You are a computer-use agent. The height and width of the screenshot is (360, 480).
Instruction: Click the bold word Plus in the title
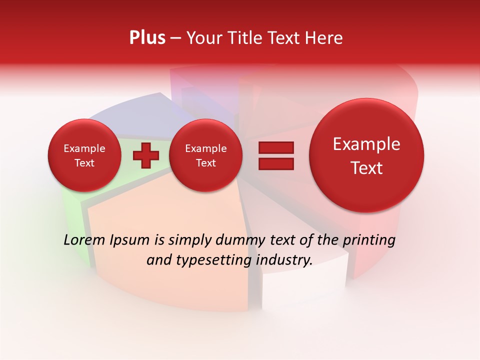click(147, 38)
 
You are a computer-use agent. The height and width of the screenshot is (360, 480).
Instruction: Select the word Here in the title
click(325, 38)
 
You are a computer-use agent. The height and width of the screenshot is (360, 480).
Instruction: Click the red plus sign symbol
click(146, 155)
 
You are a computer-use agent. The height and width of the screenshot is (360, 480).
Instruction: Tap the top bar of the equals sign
click(276, 147)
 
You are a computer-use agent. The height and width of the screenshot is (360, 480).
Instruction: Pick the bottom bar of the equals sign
click(276, 163)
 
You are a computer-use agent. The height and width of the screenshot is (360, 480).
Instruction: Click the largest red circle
click(366, 155)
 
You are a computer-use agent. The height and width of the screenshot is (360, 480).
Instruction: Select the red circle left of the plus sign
click(84, 155)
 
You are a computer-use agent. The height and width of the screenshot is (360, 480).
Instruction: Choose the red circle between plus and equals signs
click(205, 155)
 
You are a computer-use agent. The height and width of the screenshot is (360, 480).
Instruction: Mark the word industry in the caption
click(285, 260)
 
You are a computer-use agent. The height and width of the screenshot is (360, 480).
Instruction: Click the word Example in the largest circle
click(366, 144)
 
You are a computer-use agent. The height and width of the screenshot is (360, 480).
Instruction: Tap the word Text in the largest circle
click(366, 168)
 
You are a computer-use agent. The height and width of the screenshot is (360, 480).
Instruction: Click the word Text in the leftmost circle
click(84, 163)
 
